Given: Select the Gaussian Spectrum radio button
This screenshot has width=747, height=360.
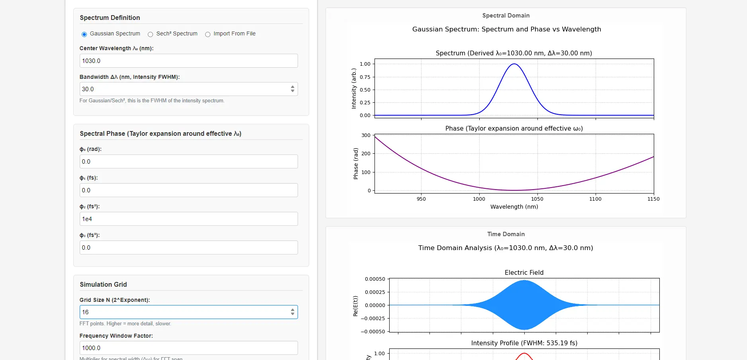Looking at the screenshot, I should (84, 34).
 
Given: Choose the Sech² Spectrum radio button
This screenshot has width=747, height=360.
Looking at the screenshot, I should (150, 34).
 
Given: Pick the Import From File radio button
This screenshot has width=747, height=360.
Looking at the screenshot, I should (208, 34).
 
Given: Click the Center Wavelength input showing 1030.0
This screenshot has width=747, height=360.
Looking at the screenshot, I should (188, 61).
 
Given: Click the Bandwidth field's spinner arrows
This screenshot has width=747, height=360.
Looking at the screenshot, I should (292, 89).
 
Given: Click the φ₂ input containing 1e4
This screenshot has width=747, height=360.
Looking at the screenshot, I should (188, 219).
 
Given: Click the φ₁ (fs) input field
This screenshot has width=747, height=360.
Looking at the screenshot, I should (188, 190).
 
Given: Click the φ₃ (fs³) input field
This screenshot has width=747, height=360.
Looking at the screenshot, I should (188, 248).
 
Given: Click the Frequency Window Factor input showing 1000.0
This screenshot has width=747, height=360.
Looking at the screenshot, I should (188, 348).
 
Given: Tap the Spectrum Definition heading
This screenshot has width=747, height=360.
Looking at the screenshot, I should (110, 18).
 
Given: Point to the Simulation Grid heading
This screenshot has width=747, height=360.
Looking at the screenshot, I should (103, 285).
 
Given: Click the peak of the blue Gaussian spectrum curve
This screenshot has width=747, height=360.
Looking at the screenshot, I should (514, 64).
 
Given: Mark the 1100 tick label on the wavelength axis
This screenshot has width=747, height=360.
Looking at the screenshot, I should (595, 199).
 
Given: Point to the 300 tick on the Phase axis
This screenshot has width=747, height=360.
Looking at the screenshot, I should (366, 135).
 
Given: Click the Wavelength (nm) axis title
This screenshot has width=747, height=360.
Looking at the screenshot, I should (514, 207).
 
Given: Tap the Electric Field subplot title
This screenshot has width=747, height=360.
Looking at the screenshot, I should (524, 273).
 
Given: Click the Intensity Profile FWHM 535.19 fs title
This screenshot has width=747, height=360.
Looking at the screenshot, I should (524, 343).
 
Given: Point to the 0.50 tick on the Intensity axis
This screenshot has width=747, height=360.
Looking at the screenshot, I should (365, 90).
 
